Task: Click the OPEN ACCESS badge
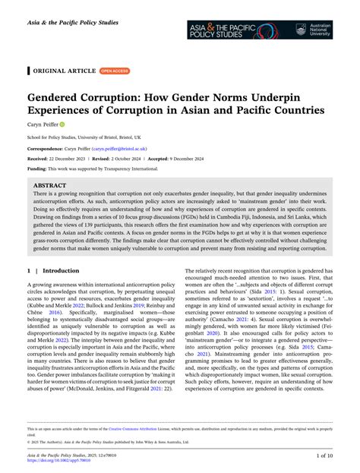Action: [115, 71]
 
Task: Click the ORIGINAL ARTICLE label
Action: [65, 71]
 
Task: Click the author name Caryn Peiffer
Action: [45, 123]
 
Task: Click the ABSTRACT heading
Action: [51, 184]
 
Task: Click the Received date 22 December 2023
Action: [65, 159]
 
